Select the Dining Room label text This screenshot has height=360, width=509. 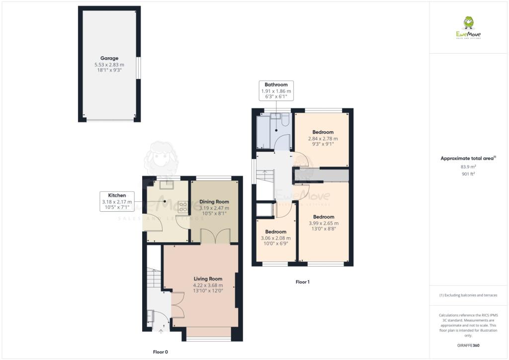[x=214, y=201]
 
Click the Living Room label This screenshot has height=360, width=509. [x=208, y=278]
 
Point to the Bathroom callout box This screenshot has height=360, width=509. [x=276, y=91]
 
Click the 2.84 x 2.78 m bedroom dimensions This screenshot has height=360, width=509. [x=323, y=139]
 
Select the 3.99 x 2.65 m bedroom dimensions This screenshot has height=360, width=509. [x=323, y=223]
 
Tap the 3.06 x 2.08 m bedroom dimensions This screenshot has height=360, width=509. [x=275, y=238]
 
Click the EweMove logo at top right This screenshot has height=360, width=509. [x=468, y=27]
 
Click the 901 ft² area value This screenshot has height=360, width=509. [x=468, y=174]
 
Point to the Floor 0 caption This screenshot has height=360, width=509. [x=160, y=352]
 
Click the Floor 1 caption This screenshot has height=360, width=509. [x=302, y=282]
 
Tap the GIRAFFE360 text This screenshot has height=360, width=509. [x=468, y=345]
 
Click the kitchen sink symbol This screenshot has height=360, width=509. [x=166, y=185]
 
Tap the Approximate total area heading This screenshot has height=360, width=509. [x=468, y=158]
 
